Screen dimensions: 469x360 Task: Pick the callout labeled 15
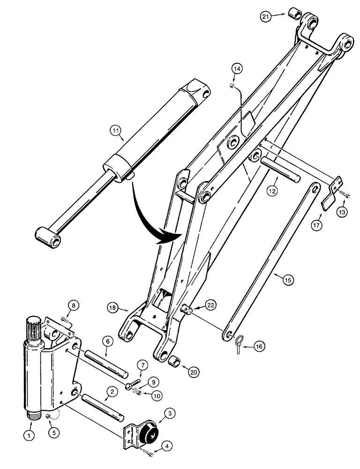coord(288,280)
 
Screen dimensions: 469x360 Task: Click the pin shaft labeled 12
coord(279,169)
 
